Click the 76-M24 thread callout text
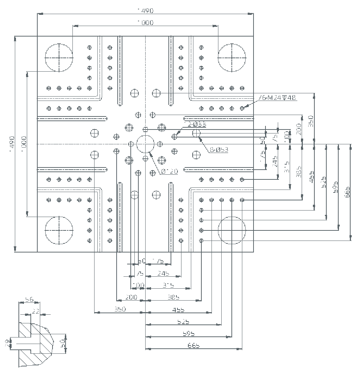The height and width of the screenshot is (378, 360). [278, 98]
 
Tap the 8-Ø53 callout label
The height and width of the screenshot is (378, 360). [219, 149]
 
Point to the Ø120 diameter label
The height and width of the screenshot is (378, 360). [169, 171]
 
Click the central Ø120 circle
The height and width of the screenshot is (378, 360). [146, 144]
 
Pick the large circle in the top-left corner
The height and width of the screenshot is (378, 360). [59, 58]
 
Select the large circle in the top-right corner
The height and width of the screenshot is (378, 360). [232, 58]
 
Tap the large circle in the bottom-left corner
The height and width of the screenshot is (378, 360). [59, 230]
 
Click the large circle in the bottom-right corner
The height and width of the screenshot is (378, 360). [232, 230]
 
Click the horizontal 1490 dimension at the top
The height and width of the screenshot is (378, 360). [145, 11]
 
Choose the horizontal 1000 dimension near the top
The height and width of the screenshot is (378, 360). [145, 23]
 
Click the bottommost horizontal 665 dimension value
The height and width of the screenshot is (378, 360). [194, 345]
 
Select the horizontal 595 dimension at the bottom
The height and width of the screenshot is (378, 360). [188, 334]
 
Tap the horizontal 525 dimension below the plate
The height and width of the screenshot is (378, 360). [183, 322]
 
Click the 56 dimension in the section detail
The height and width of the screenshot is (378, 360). [29, 300]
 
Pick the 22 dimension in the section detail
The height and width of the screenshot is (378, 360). [35, 311]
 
